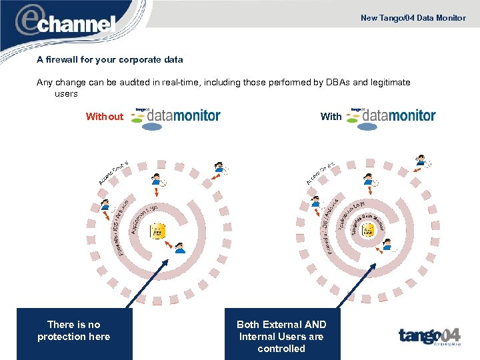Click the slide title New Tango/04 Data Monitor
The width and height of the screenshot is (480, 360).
pyautogui.click(x=413, y=18)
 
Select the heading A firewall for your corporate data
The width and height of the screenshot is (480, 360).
pyautogui.click(x=110, y=59)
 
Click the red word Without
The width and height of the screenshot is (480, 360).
pyautogui.click(x=105, y=117)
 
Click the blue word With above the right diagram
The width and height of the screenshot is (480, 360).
pyautogui.click(x=331, y=117)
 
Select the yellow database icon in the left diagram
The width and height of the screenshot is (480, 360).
pyautogui.click(x=157, y=231)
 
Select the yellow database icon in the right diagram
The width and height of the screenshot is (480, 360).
pyautogui.click(x=368, y=231)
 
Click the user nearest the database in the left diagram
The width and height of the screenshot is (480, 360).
pyautogui.click(x=179, y=248)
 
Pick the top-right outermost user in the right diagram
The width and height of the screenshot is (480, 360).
pyautogui.click(x=421, y=161)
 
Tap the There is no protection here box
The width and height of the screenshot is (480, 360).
pyautogui.click(x=74, y=331)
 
